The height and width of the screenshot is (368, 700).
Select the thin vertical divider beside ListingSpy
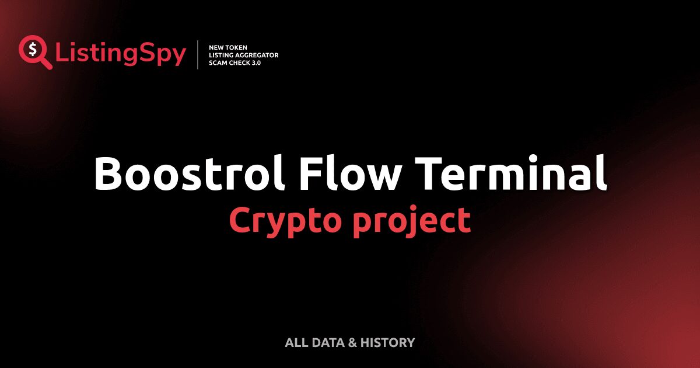[x=198, y=55]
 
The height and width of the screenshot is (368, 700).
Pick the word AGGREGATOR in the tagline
[x=257, y=55]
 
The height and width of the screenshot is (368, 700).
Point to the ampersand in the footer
[x=352, y=342]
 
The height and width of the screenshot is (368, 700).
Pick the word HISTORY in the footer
[x=387, y=342]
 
